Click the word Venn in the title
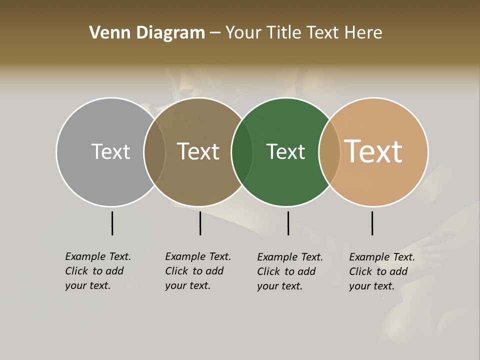coord(106,33)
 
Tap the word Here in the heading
coord(363,33)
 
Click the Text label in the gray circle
coord(110,151)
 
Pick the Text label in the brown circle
coord(198,151)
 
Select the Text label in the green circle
coord(285,151)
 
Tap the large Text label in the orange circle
coord(373,151)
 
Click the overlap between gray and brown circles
coord(154,151)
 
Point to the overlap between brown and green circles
coord(242,151)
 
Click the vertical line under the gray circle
coord(112,223)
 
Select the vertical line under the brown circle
coord(200,223)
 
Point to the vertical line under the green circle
coord(288,223)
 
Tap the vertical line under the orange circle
coord(372,223)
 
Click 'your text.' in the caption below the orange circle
coord(372,286)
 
